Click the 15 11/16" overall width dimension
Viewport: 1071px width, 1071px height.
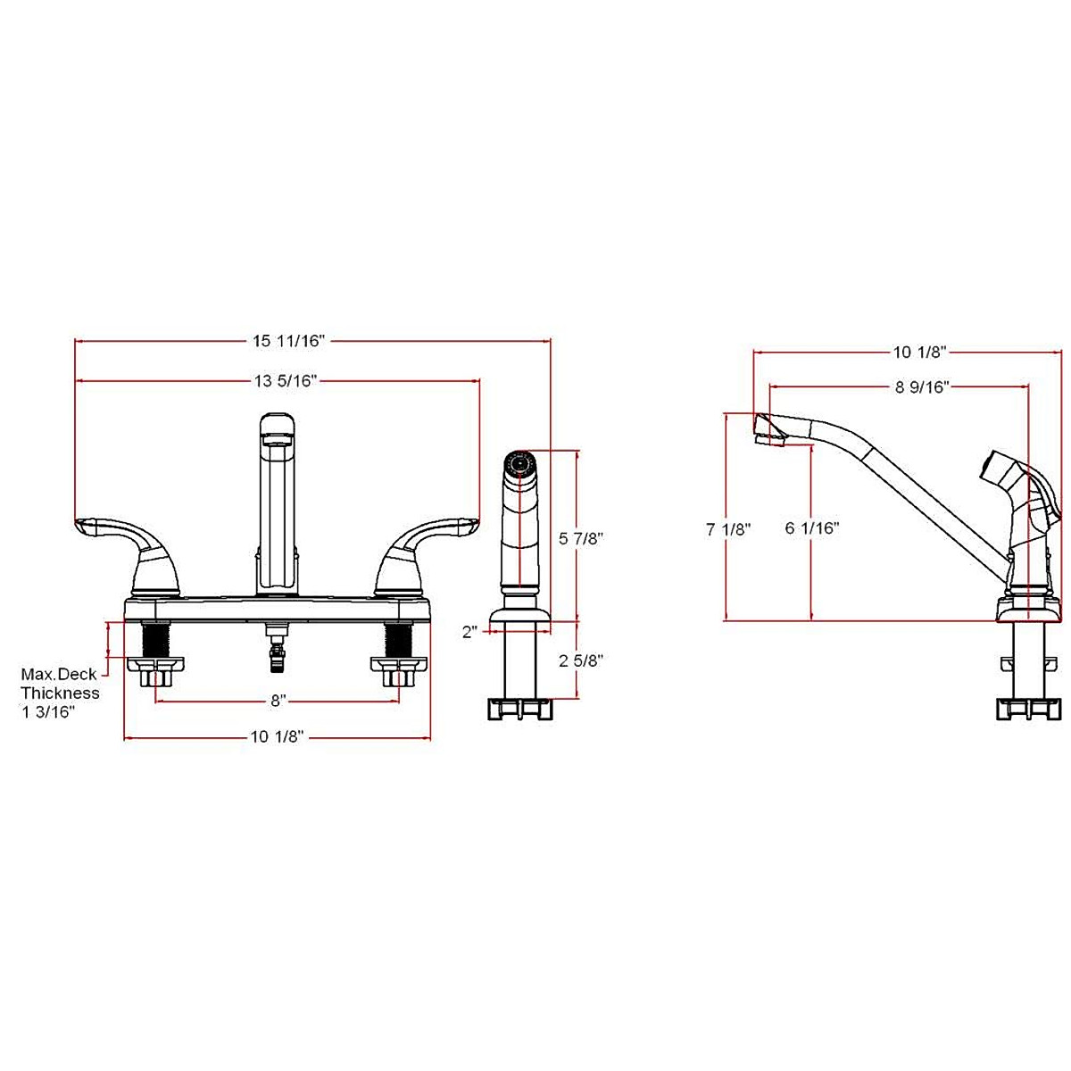290,340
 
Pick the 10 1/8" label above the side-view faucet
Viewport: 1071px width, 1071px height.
919,352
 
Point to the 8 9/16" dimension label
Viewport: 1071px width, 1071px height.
921,386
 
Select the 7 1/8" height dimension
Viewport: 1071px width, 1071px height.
728,528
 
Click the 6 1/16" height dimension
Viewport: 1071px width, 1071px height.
812,528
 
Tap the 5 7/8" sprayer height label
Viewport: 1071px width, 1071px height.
582,538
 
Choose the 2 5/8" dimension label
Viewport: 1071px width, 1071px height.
582,661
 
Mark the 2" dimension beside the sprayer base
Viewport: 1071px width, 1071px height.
470,632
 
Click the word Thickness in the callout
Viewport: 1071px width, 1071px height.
61,693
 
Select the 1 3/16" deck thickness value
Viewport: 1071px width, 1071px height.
48,710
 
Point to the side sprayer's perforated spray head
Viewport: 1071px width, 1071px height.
519,464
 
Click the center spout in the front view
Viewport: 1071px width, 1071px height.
276,500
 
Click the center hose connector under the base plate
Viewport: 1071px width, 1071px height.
277,652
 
